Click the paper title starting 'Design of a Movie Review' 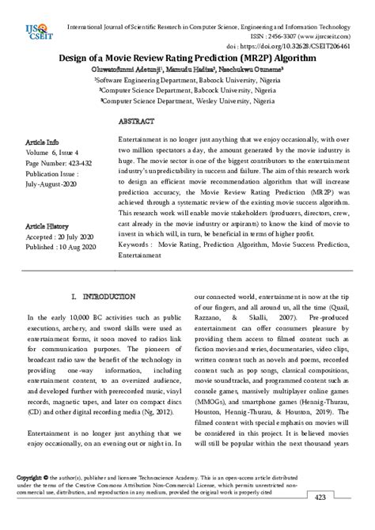[187, 59]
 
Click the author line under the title [187, 70]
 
